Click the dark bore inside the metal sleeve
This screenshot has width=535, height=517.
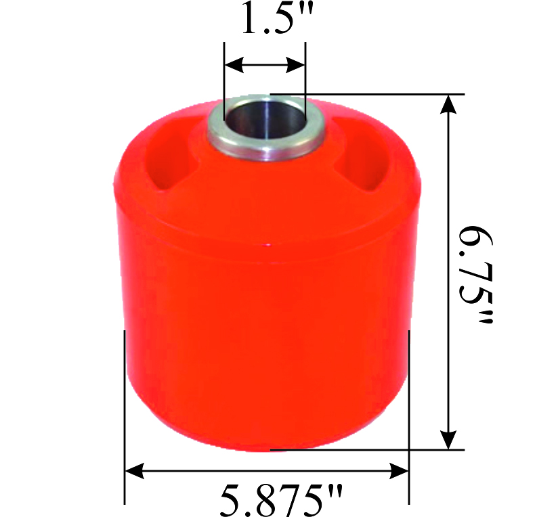pos(265,125)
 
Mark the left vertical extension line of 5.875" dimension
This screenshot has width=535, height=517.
pos(125,406)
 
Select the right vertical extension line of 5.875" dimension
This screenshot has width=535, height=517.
pos(409,406)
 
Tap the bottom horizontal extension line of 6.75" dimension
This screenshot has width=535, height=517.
pos(366,449)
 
